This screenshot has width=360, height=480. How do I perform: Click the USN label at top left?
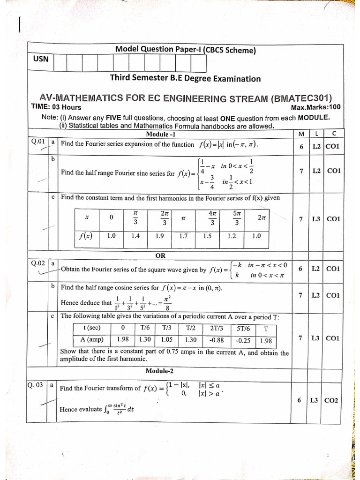(41, 60)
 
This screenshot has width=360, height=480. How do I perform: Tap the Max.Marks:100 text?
(315, 107)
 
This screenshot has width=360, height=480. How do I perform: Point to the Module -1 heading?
(160, 134)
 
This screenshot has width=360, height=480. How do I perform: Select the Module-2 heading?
(159, 371)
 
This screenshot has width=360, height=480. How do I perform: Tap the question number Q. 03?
(36, 385)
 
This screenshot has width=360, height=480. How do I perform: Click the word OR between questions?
(160, 256)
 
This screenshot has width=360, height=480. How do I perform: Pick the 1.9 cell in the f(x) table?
(159, 236)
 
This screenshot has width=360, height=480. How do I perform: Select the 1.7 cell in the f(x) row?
(183, 236)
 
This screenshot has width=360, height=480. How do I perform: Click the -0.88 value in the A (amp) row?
(217, 340)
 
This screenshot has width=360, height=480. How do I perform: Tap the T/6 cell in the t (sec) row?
(145, 328)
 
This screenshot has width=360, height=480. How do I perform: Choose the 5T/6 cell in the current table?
(243, 329)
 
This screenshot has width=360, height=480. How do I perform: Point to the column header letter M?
(301, 134)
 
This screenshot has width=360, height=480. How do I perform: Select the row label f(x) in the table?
(86, 236)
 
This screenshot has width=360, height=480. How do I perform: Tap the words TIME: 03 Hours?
(56, 107)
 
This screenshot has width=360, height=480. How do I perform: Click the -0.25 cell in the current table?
(243, 341)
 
